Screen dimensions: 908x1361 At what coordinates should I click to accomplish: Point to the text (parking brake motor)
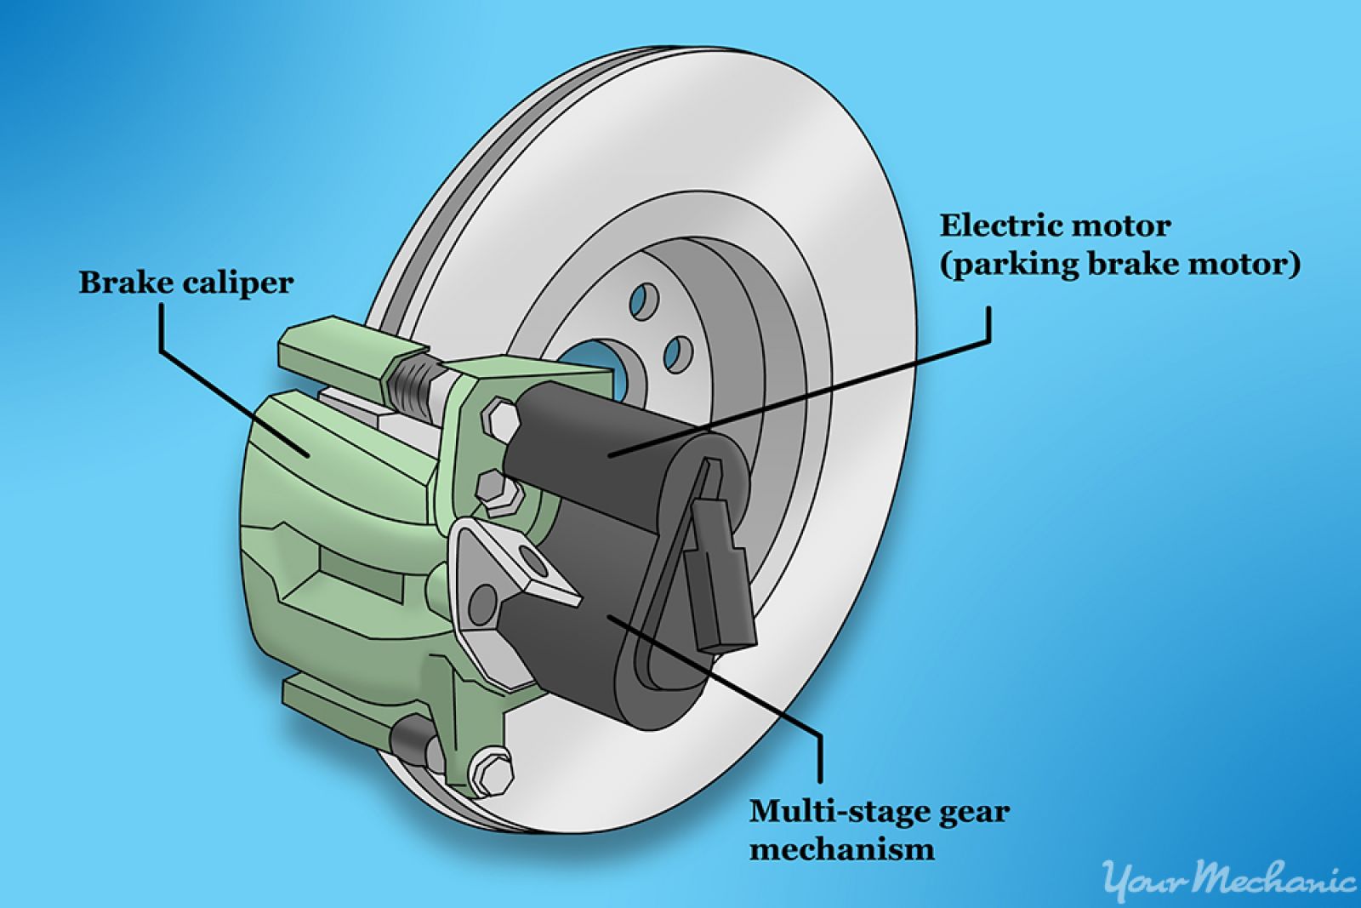coord(1119,266)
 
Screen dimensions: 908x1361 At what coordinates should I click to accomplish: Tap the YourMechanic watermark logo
coord(1228,882)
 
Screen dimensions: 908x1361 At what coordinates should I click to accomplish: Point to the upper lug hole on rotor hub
coord(644,302)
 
